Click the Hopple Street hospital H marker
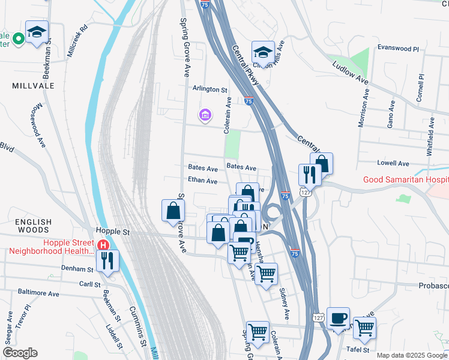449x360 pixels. [x=103, y=245]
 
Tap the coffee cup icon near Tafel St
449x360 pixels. [x=338, y=317]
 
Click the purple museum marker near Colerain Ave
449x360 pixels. [x=205, y=114]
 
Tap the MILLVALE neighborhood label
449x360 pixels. [x=33, y=86]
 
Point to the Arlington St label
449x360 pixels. [x=210, y=89]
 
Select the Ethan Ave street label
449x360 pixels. [x=202, y=180]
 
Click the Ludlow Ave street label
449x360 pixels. [x=351, y=70]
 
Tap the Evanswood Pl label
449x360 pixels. [x=397, y=47]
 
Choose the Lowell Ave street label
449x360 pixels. [x=393, y=163]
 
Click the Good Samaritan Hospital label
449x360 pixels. [x=405, y=180]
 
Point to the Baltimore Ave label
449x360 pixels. [x=38, y=294]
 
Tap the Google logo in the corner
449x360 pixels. [x=20, y=353]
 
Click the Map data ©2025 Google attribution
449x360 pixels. [x=412, y=355]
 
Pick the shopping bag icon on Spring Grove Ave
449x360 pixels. [x=173, y=211]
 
